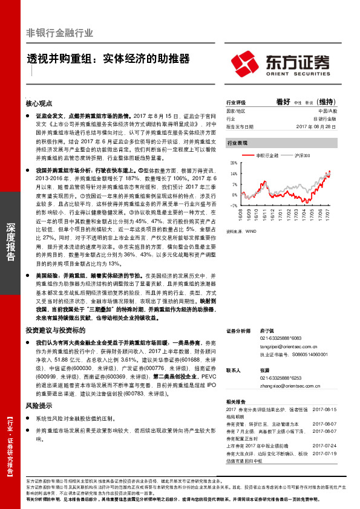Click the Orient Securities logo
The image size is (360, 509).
[280, 62]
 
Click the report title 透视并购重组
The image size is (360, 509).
[108, 59]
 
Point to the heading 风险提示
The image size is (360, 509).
[39, 406]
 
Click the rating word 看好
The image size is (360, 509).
[283, 102]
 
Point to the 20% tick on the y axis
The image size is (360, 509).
[234, 163]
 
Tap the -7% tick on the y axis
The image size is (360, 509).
[234, 206]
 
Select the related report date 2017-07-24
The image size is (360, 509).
[324, 446]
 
